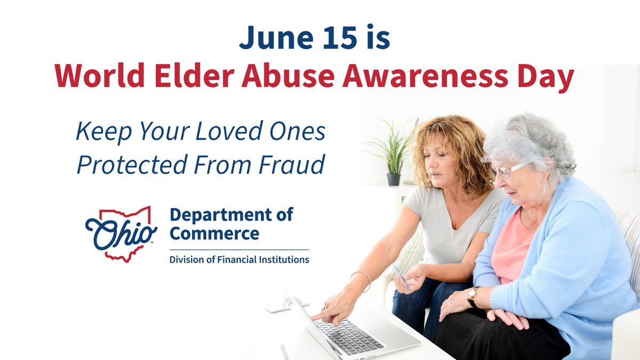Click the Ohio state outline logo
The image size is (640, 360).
point(121,234)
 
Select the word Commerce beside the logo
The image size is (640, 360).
point(214,234)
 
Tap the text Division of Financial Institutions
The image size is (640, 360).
point(239,260)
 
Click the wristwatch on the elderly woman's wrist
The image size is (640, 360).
point(472,297)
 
